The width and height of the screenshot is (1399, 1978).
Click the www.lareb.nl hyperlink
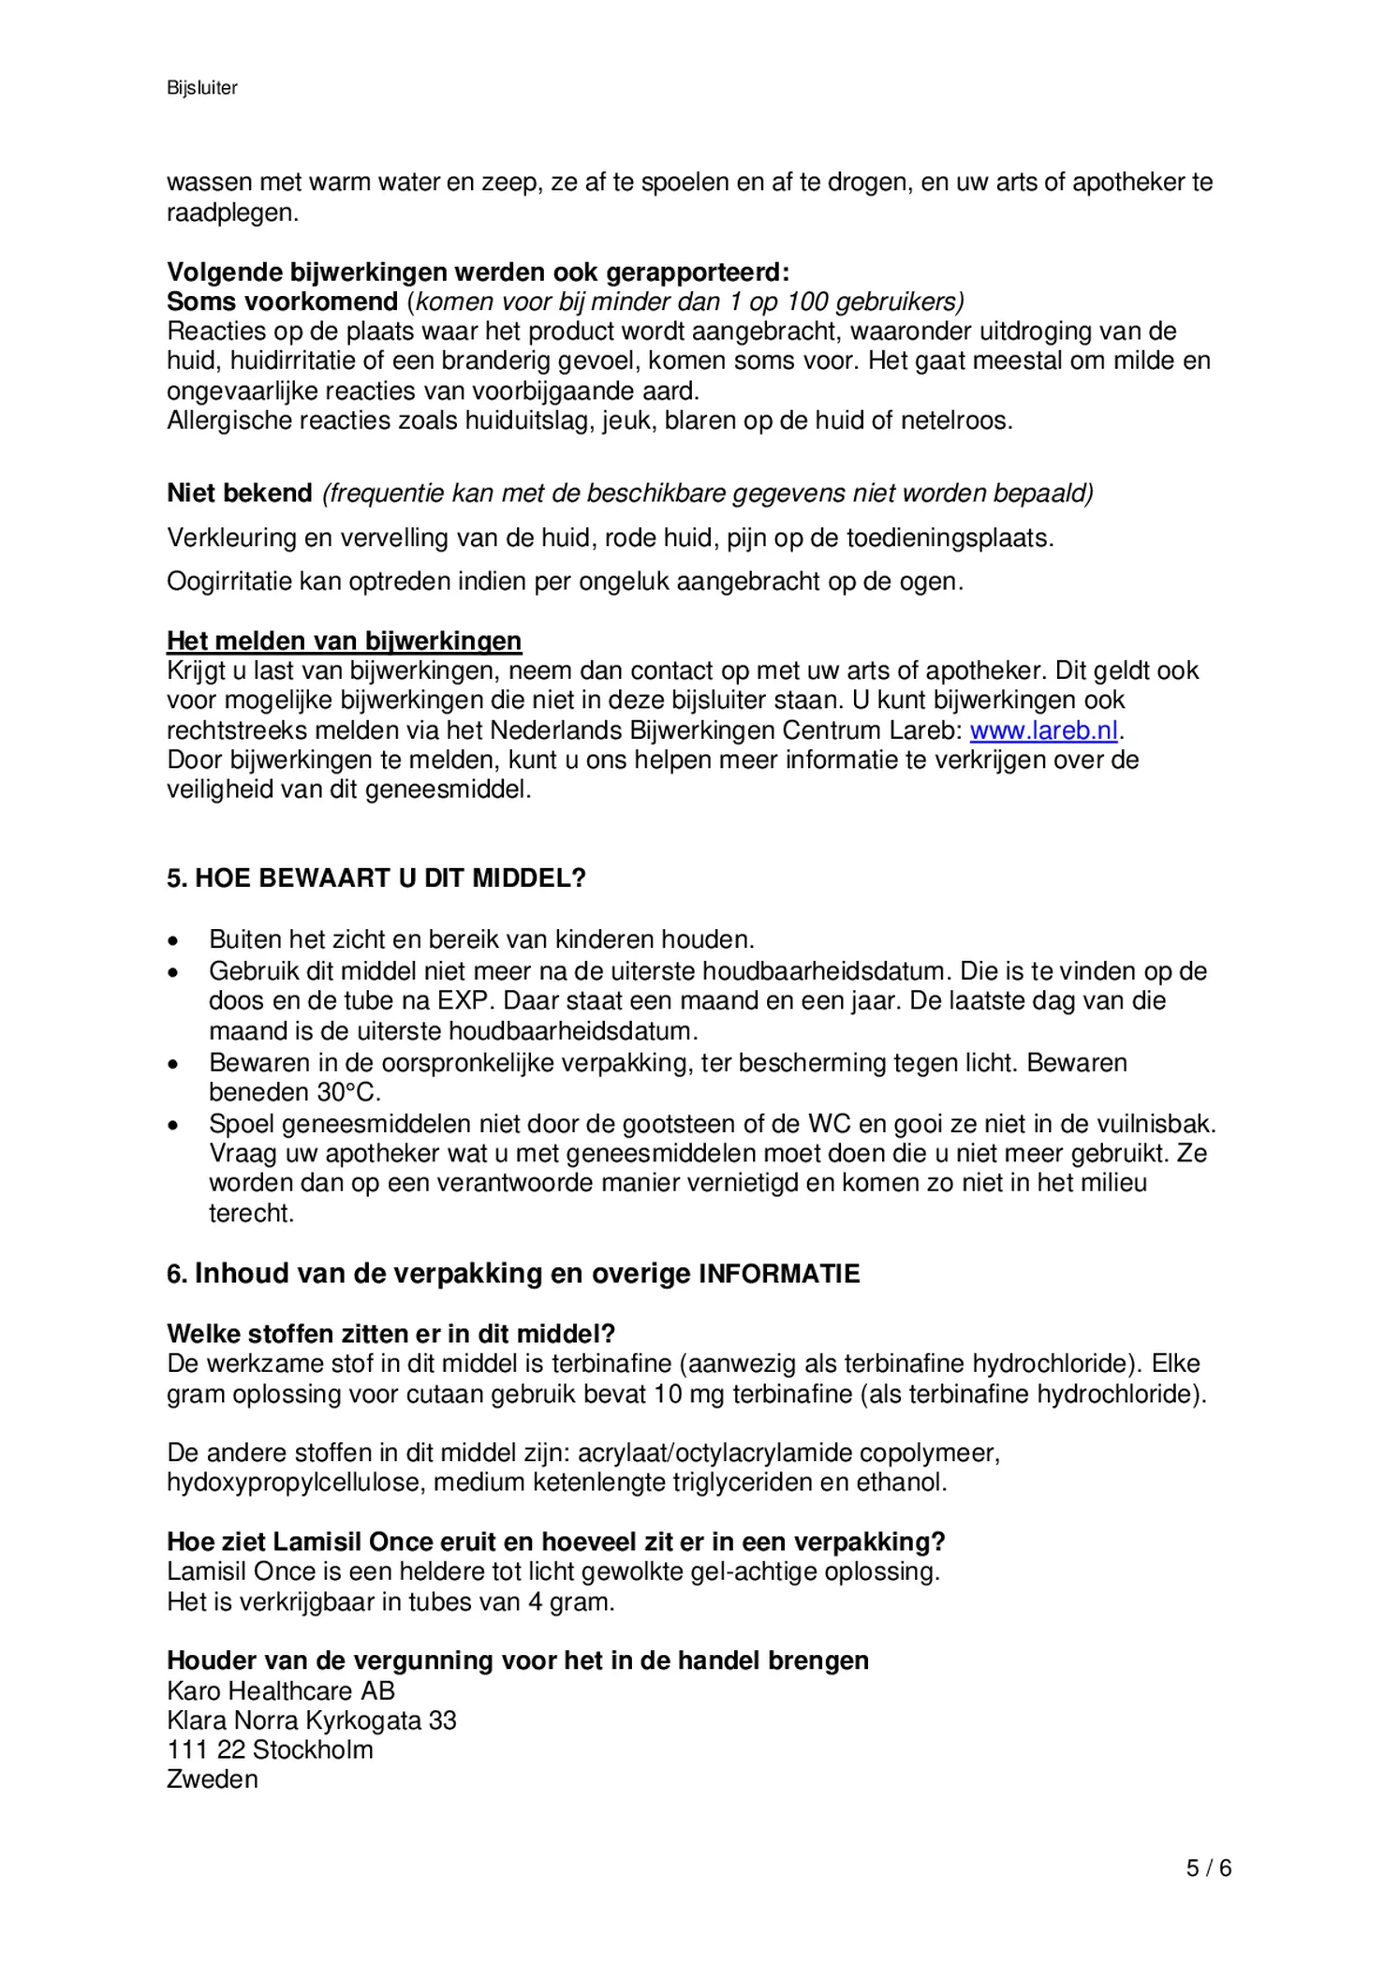(1043, 731)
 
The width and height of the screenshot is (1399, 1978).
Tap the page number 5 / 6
(1208, 1868)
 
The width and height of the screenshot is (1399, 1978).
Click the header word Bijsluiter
(202, 88)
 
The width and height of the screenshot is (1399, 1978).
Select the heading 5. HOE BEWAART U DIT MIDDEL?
(376, 878)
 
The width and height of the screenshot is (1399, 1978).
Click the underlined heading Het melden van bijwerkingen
(344, 642)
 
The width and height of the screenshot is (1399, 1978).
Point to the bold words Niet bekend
(240, 494)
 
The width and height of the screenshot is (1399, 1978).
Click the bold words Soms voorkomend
(283, 303)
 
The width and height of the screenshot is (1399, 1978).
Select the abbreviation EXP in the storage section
(464, 1001)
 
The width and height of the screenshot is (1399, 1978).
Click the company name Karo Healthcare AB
(281, 1690)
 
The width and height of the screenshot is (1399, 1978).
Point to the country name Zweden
(213, 1779)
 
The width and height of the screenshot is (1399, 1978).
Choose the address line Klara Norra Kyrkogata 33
(312, 1720)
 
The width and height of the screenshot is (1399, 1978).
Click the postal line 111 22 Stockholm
(270, 1749)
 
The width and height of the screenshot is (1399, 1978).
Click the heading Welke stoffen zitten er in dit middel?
(390, 1334)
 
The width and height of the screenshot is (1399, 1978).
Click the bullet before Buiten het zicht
(172, 940)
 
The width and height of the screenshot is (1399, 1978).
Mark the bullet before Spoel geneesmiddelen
(172, 1124)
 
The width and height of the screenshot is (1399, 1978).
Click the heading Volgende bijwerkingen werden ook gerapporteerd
(478, 273)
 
